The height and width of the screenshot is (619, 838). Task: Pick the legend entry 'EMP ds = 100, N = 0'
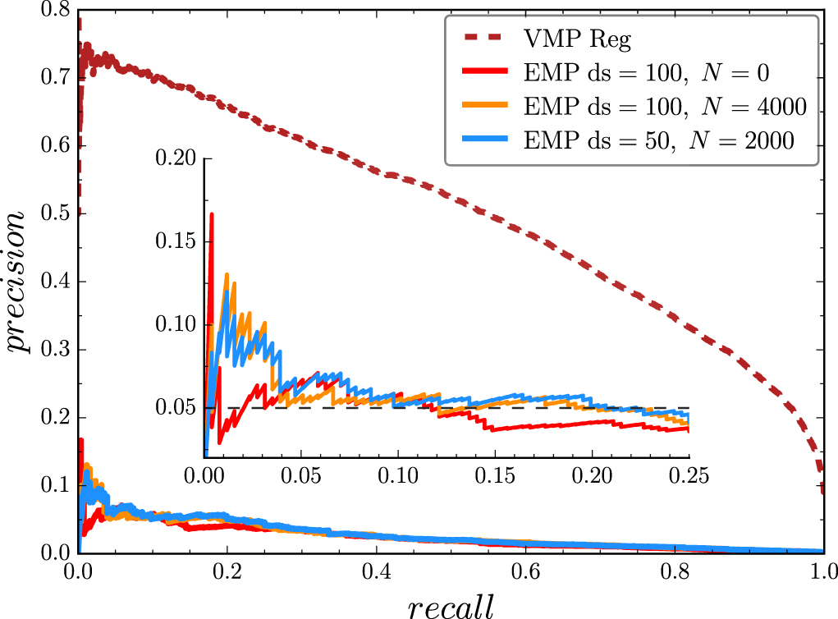(645, 72)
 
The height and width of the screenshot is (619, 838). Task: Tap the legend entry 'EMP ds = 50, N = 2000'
(658, 141)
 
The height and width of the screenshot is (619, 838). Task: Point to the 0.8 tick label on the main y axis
(50, 10)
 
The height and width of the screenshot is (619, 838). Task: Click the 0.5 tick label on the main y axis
(50, 213)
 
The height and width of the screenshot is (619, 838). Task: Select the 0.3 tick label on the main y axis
(50, 350)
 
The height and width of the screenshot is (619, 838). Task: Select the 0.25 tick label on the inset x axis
(688, 475)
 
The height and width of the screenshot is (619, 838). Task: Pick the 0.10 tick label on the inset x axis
(398, 475)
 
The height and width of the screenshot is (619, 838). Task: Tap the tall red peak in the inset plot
(212, 215)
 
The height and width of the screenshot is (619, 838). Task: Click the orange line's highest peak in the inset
(226, 274)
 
